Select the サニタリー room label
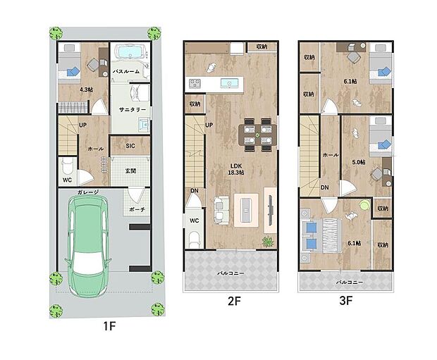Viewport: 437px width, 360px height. [x=132, y=110]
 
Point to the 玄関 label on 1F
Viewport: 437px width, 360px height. [x=130, y=170]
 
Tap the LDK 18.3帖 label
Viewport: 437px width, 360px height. [x=237, y=168]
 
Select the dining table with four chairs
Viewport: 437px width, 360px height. [x=256, y=134]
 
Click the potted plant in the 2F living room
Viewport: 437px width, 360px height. [x=268, y=242]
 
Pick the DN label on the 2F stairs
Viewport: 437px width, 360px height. [x=193, y=190]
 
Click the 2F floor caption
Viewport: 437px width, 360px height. [x=234, y=300]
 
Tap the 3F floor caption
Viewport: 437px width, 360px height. [x=345, y=300]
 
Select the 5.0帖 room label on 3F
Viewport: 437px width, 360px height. [x=358, y=161]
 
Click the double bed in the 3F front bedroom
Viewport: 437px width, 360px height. [x=321, y=235]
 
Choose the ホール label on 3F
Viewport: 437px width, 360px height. [x=330, y=155]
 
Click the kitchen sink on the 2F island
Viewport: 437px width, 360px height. [x=229, y=83]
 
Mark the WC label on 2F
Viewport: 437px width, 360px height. [x=194, y=220]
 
